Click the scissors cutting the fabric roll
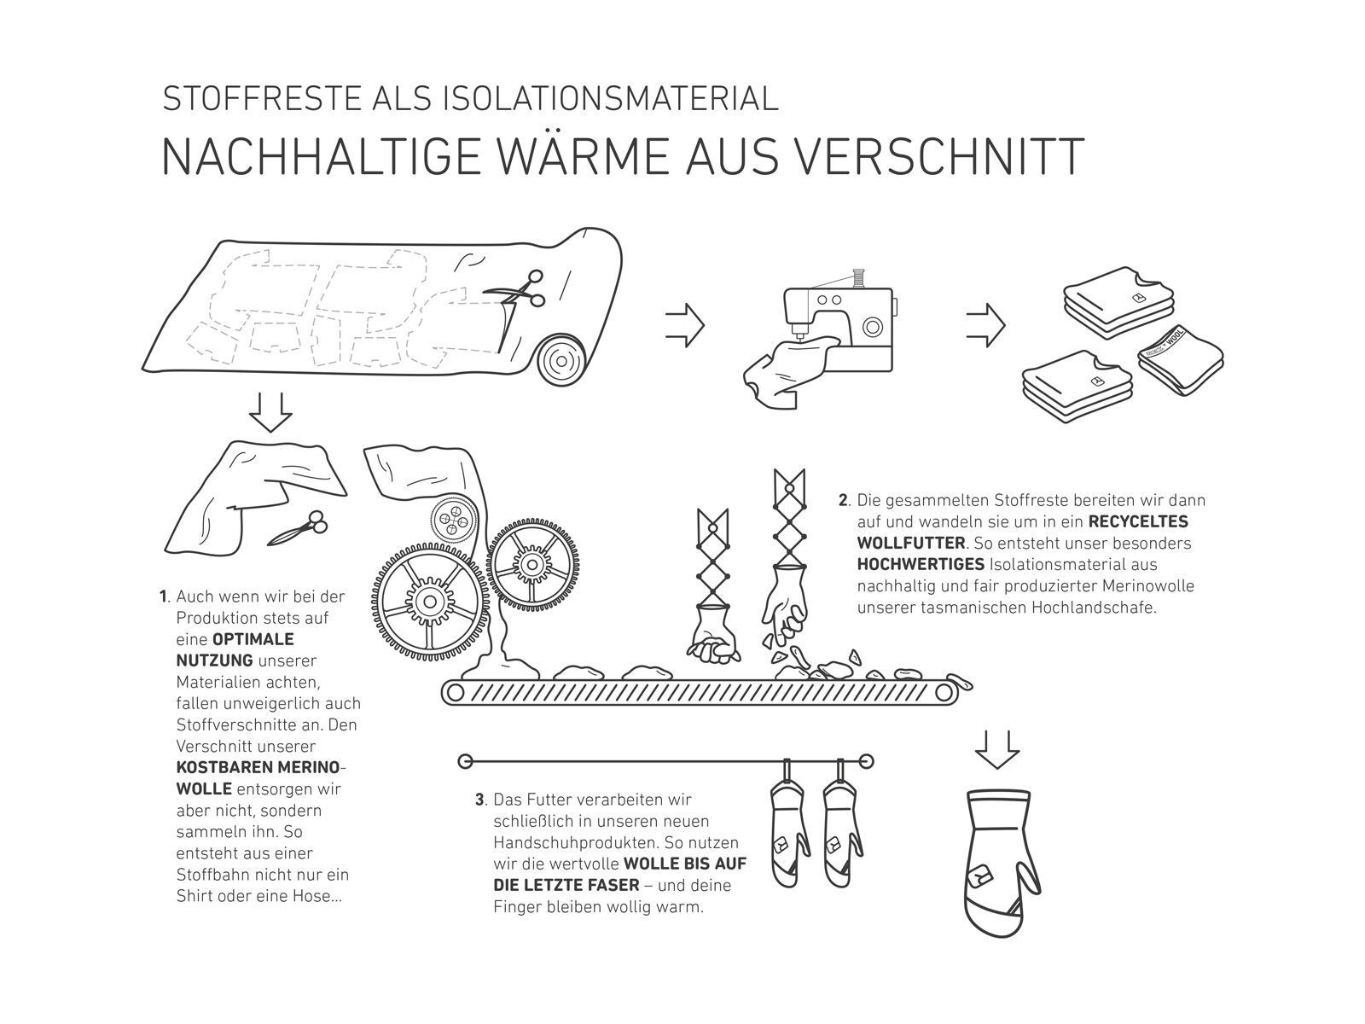pyautogui.click(x=517, y=290)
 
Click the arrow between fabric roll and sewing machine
pyautogui.click(x=685, y=324)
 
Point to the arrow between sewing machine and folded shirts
pyautogui.click(x=985, y=324)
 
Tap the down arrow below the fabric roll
pyautogui.click(x=270, y=411)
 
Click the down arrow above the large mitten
pyautogui.click(x=996, y=749)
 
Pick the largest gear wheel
pyautogui.click(x=430, y=602)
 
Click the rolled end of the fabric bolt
pyautogui.click(x=561, y=361)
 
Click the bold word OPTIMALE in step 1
pyautogui.click(x=253, y=639)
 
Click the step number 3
pyautogui.click(x=479, y=800)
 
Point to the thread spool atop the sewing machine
pyautogui.click(x=860, y=276)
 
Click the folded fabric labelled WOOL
pyautogui.click(x=1181, y=360)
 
